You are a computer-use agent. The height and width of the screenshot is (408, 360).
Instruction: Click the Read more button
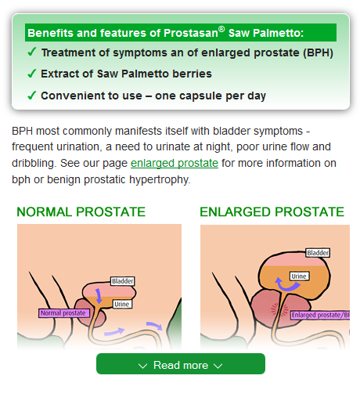[x=181, y=363]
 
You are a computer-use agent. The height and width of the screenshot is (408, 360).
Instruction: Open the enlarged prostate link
[x=175, y=164]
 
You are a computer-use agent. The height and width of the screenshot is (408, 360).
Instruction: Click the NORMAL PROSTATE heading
[x=81, y=211]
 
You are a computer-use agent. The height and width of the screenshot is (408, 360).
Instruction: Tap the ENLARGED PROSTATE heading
[x=272, y=211]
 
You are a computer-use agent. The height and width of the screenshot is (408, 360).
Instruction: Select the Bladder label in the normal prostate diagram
[x=122, y=281]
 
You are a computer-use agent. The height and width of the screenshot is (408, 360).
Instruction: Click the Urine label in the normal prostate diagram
[x=122, y=304]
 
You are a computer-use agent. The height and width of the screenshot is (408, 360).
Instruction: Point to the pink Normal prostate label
[x=64, y=313]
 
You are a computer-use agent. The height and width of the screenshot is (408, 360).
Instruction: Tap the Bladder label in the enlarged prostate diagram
[x=318, y=253]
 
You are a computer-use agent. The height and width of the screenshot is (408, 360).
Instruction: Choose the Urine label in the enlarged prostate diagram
[x=299, y=276]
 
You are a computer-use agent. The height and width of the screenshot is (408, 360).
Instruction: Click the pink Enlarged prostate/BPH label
[x=320, y=315]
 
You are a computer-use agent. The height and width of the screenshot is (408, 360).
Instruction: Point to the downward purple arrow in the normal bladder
[x=99, y=296]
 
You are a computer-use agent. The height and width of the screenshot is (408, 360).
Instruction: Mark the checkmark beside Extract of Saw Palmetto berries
[x=31, y=74]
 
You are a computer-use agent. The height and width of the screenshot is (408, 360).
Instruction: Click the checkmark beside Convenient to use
[x=31, y=96]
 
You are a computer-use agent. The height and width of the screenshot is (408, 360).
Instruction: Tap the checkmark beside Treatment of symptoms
[x=31, y=52]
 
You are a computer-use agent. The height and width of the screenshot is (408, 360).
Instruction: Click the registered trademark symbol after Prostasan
[x=221, y=29]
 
